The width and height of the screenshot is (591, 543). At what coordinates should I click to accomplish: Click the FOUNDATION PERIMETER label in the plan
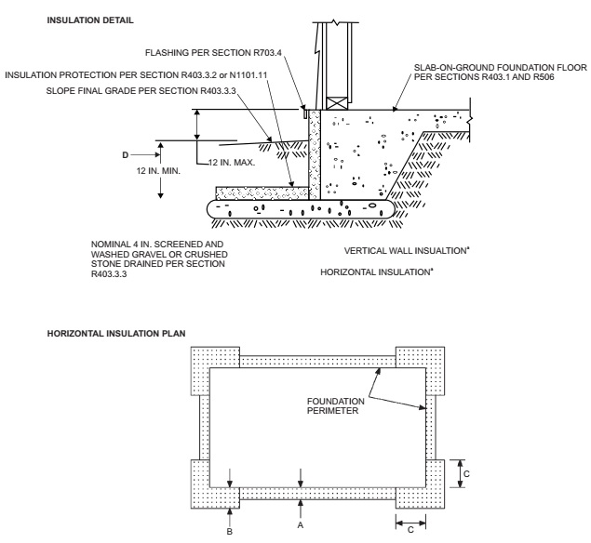coord(333,407)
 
